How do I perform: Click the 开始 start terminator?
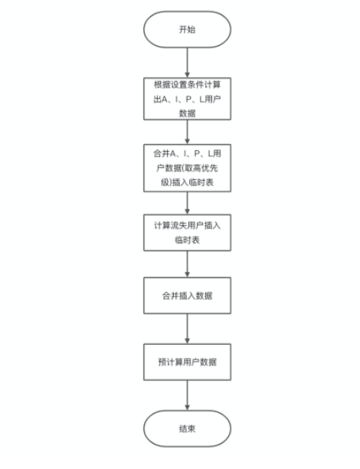point(187,29)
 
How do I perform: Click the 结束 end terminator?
point(187,428)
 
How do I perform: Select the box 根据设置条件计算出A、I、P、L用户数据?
point(187,97)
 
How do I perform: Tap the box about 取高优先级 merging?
point(187,167)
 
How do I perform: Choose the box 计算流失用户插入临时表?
point(187,231)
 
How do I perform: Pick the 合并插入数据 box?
point(187,295)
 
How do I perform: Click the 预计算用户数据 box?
point(187,359)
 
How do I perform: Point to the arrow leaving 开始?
point(187,62)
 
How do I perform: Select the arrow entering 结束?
point(187,394)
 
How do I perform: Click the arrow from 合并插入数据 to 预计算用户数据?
point(187,329)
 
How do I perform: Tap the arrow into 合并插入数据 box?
point(187,264)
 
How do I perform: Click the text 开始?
point(187,29)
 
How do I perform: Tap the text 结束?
point(187,428)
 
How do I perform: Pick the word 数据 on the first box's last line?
point(187,111)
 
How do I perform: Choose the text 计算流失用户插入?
point(187,224)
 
